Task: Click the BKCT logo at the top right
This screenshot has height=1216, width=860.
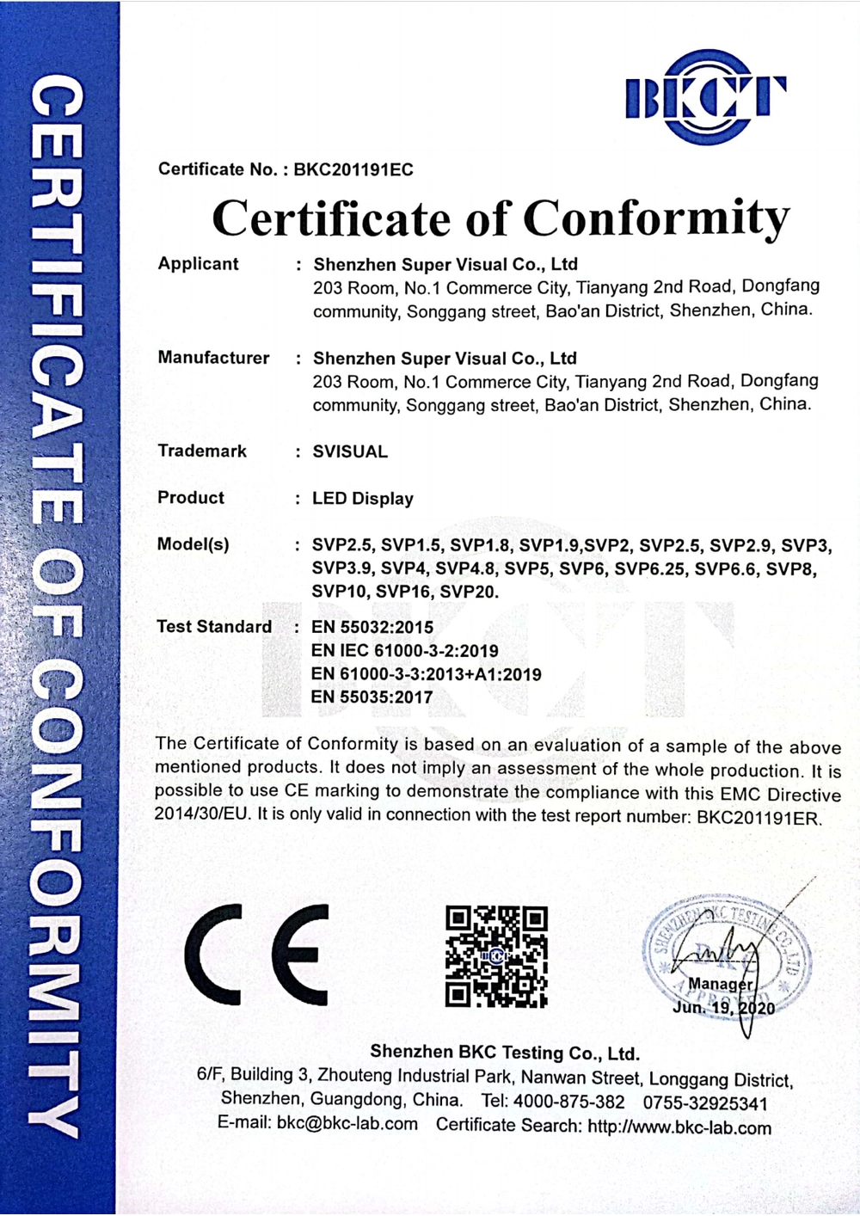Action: (x=705, y=97)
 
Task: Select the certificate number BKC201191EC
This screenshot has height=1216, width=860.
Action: (x=353, y=169)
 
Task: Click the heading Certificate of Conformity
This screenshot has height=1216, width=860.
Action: (x=501, y=218)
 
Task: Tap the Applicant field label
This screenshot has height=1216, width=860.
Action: (x=198, y=264)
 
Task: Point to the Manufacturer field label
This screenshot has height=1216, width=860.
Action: (x=213, y=358)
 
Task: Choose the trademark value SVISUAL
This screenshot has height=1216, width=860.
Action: (x=350, y=451)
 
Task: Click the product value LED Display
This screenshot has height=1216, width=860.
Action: (x=363, y=499)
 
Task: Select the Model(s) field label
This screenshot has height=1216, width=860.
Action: (x=193, y=544)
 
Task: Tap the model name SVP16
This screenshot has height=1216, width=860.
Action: (x=403, y=592)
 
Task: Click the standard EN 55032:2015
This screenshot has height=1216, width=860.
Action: (x=372, y=627)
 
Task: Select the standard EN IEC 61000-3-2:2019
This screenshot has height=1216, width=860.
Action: (x=405, y=651)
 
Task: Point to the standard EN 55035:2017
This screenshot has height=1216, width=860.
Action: (x=372, y=697)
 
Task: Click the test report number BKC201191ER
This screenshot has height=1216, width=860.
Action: (x=759, y=818)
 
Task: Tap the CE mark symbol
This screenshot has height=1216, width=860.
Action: (x=256, y=955)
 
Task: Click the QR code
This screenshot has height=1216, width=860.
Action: (x=496, y=955)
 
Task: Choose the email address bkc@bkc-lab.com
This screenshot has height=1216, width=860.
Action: (x=347, y=1124)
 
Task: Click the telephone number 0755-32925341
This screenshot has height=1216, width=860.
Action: (x=705, y=1103)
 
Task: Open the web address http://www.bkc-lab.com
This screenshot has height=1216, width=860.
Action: (x=679, y=1127)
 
